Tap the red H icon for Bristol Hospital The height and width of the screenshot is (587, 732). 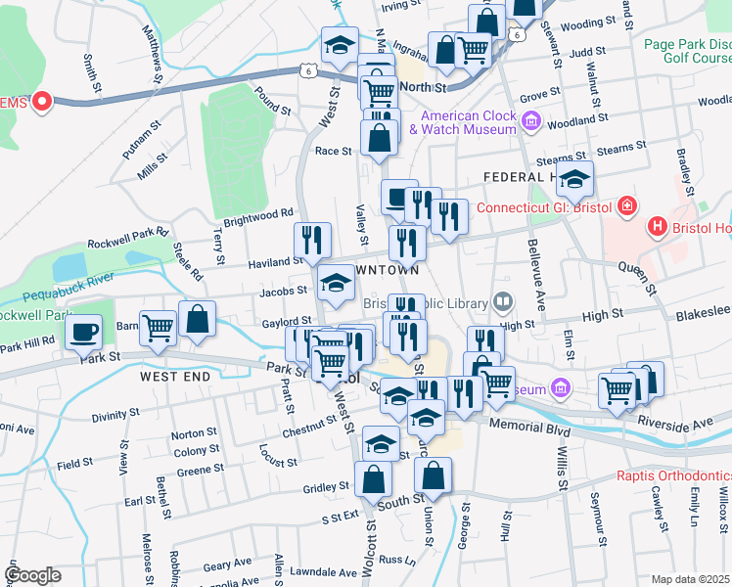click(x=658, y=227)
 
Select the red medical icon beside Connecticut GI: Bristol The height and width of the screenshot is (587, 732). click(x=626, y=207)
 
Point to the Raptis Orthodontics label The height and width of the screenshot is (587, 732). click(x=674, y=476)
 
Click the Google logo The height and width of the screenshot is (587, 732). click(x=31, y=575)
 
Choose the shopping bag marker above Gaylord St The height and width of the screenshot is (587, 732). click(x=197, y=319)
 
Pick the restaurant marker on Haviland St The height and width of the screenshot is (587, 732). click(x=313, y=240)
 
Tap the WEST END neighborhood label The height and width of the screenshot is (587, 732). click(x=175, y=376)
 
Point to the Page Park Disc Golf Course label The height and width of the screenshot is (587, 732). click(x=688, y=52)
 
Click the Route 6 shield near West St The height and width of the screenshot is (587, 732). click(x=309, y=71)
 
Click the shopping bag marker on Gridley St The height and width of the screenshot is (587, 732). click(x=374, y=479)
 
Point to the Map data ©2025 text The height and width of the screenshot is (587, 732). click(x=690, y=579)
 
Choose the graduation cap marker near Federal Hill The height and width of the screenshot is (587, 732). click(x=576, y=178)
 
